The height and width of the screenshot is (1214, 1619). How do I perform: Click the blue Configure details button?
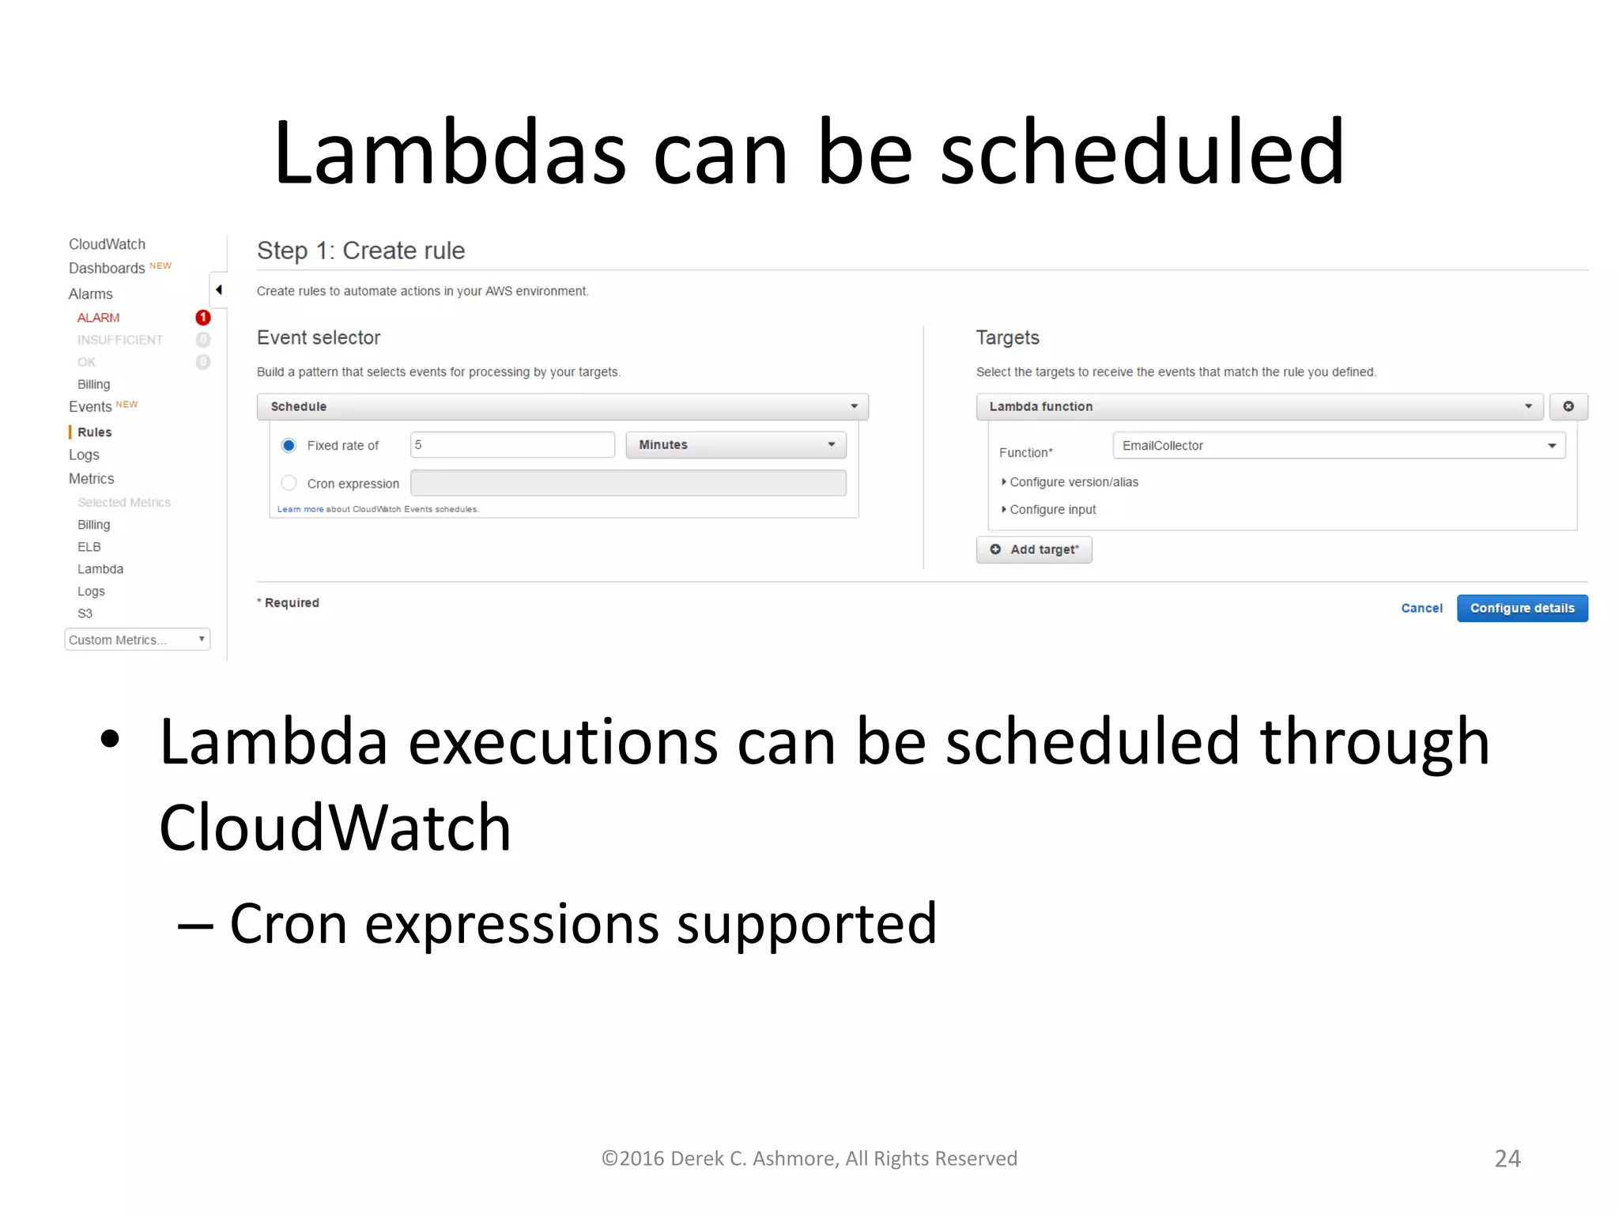point(1522,608)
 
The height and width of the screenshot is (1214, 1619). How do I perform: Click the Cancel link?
point(1421,608)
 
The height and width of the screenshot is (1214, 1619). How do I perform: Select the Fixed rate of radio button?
point(289,445)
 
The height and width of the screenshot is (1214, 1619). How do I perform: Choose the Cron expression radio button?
point(289,483)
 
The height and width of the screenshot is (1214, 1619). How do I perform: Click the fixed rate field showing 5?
point(512,445)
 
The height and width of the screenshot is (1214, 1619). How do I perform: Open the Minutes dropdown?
point(736,445)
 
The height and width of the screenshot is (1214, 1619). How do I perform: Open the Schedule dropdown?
point(562,406)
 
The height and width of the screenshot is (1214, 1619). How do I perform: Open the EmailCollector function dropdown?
point(1338,446)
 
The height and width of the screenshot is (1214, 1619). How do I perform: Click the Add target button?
point(1034,549)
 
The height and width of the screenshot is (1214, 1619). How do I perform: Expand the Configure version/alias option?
point(1073,482)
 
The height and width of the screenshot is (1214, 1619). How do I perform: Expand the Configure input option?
point(1051,510)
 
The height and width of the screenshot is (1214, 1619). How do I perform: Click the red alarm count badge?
point(203,318)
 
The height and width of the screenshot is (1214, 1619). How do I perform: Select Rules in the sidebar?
point(94,432)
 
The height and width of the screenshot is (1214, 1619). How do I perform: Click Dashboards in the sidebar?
point(107,269)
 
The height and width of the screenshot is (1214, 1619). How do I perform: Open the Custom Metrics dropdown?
point(137,639)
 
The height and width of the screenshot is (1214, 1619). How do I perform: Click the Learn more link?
point(300,509)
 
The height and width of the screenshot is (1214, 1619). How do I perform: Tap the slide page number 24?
point(1507,1158)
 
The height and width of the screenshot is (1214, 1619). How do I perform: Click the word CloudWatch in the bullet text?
point(335,828)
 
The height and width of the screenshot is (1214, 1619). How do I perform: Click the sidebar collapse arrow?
point(219,290)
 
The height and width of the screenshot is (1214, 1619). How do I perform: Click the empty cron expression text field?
point(628,483)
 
